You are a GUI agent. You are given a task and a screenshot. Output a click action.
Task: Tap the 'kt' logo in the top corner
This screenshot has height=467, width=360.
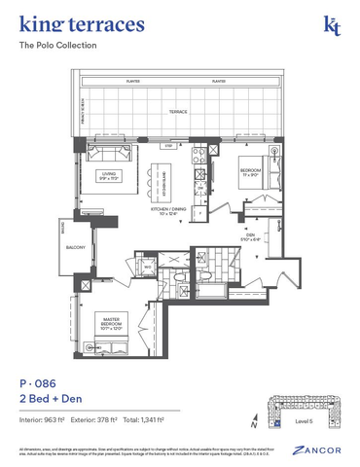click(x=332, y=25)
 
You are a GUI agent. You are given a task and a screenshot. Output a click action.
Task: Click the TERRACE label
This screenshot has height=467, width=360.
click(x=176, y=112)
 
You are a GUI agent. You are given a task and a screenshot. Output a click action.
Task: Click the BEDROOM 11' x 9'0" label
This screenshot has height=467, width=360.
click(x=251, y=174)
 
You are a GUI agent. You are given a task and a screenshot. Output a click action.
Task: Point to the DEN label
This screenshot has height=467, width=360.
click(x=250, y=234)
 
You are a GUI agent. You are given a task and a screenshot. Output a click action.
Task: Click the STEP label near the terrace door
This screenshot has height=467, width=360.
click(x=167, y=146)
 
